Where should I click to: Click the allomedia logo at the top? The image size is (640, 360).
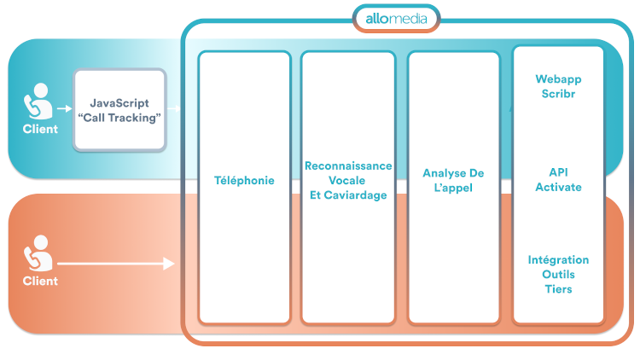point(397,17)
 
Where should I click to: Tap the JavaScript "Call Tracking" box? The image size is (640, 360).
point(119,110)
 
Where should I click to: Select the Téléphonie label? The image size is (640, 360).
point(244,181)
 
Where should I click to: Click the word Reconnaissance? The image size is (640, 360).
point(348,166)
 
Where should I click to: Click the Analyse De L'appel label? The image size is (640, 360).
point(453,181)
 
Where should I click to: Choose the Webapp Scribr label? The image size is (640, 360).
point(558,86)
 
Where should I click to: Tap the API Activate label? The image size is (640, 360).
point(558,180)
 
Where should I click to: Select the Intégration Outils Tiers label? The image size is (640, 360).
point(558,275)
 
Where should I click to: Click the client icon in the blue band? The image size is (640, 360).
point(38,103)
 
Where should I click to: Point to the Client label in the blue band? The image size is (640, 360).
point(40,130)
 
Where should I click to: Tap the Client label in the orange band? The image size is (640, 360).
point(40,281)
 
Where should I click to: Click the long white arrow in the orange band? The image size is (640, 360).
point(115,265)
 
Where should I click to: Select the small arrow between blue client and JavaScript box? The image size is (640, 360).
point(63,109)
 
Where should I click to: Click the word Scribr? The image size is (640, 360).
point(558,94)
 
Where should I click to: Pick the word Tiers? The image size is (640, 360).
point(558,289)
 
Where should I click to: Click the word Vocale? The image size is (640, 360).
point(348,181)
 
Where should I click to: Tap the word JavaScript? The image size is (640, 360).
point(119,103)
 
